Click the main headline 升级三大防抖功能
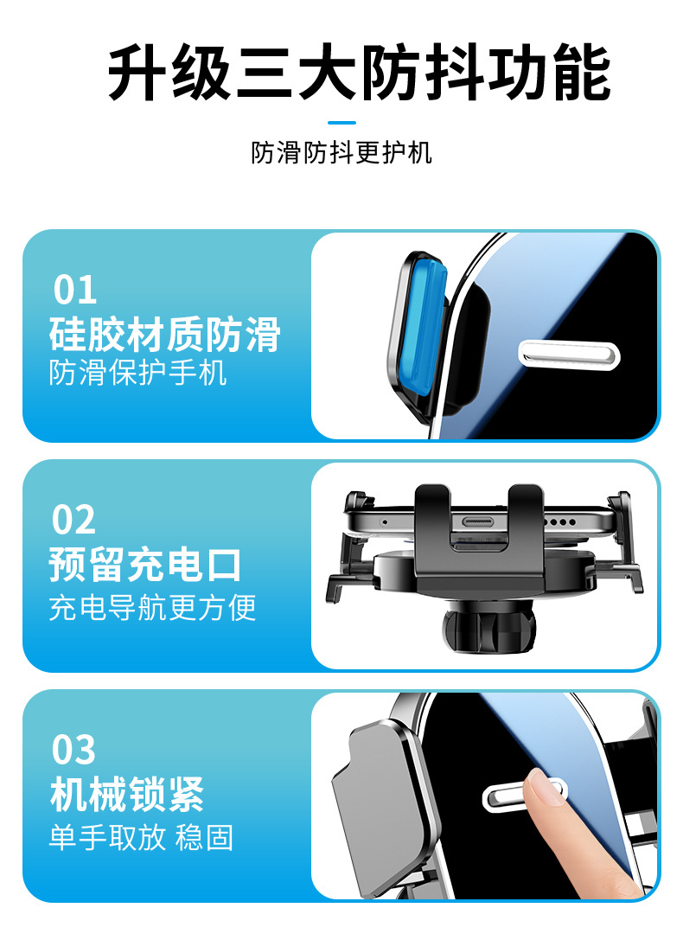(359, 72)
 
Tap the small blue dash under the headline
(341, 123)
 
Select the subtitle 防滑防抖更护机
(341, 153)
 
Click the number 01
(75, 290)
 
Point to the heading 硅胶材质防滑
(165, 335)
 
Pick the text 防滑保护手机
(138, 373)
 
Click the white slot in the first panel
(569, 355)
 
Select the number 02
(73, 520)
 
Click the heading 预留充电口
(145, 566)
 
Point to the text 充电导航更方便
(152, 608)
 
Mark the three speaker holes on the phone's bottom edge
(560, 522)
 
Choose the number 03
(73, 750)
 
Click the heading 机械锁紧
(127, 796)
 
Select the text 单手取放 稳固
(141, 838)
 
